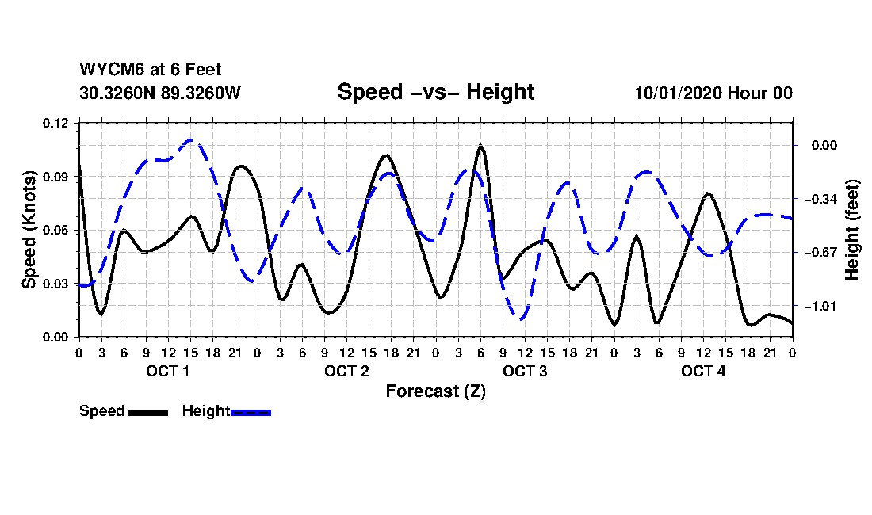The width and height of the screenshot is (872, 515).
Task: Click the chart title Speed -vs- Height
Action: click(435, 92)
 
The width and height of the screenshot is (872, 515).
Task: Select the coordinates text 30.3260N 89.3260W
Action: click(159, 93)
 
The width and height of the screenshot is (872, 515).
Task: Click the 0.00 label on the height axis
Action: click(821, 145)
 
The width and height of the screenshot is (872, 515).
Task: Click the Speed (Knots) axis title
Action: click(29, 230)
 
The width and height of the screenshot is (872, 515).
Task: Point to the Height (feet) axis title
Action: click(852, 230)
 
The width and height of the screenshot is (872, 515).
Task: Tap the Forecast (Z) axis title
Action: click(435, 391)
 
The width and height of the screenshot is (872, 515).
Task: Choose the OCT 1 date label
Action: click(168, 371)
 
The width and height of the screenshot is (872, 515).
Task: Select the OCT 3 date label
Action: click(525, 371)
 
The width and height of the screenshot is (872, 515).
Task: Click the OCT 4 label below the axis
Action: click(704, 371)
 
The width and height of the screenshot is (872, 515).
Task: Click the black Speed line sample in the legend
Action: click(147, 412)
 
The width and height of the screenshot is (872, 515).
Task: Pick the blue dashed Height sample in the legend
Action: click(251, 412)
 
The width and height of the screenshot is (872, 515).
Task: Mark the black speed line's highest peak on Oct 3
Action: click(480, 146)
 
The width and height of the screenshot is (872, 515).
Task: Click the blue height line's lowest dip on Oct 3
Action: click(520, 319)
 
